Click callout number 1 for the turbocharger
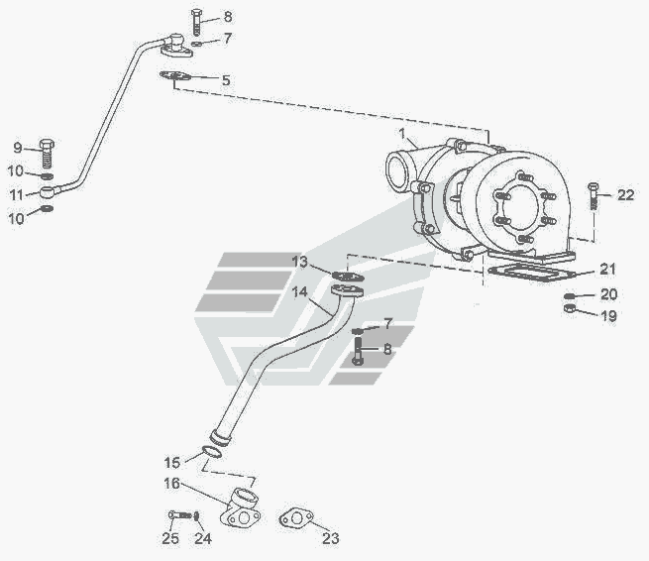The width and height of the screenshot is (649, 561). (401, 134)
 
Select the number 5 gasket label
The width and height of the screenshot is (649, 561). (226, 80)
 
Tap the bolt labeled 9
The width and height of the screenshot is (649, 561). (48, 154)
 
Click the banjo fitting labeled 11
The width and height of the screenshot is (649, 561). (48, 192)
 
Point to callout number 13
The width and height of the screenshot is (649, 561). (299, 262)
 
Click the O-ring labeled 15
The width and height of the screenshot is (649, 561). (212, 452)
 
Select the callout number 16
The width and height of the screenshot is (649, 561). (171, 484)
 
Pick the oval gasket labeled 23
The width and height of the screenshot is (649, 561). (296, 518)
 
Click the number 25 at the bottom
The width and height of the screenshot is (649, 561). (170, 538)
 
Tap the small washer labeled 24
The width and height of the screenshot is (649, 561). (196, 515)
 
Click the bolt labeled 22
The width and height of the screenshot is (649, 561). (594, 196)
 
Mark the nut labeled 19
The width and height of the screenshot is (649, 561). (570, 308)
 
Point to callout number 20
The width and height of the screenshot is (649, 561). (608, 294)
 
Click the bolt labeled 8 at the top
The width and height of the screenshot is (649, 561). (196, 22)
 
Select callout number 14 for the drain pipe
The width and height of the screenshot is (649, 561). (299, 291)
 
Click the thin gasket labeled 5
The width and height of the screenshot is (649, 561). (175, 75)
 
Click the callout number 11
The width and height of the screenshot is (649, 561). (17, 194)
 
